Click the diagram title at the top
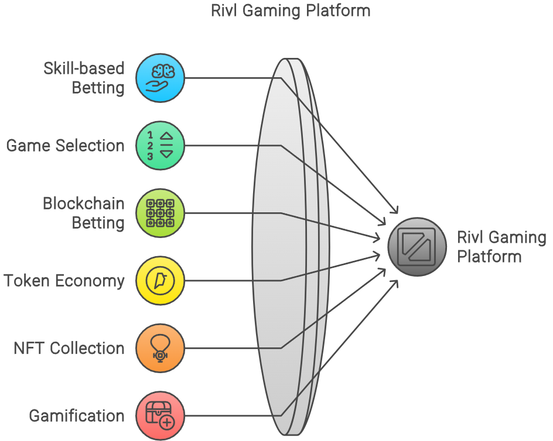291,10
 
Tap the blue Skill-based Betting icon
160,78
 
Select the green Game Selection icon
160,146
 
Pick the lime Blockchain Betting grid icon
160,213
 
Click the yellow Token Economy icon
160,281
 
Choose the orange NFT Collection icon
160,349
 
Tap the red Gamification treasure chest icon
160,416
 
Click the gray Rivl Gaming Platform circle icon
417,247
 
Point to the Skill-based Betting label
84,78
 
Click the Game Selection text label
66,146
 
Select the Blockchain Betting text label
84,213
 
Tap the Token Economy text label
64,281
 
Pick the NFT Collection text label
69,349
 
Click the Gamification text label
77,416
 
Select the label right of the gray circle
501,247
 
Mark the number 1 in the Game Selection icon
150,135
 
